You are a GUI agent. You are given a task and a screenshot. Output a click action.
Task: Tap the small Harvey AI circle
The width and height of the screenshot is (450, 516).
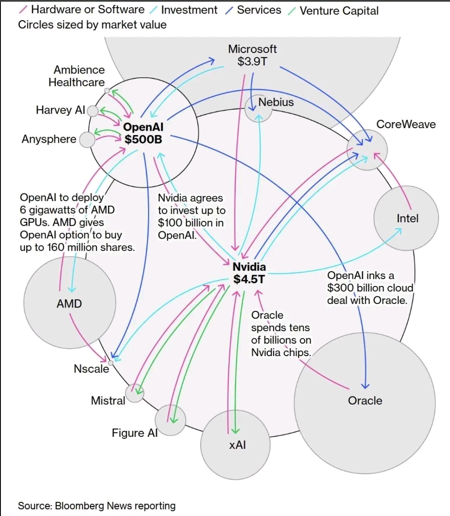click(x=92, y=111)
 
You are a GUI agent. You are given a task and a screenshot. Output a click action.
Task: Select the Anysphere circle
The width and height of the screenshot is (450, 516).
click(x=87, y=140)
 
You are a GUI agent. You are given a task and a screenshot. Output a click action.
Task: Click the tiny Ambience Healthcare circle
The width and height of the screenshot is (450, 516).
click(x=107, y=91)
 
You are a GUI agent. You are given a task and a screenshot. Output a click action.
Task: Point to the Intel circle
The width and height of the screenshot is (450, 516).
click(x=406, y=218)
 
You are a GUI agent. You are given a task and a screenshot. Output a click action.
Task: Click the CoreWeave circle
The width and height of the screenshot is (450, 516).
click(x=367, y=150)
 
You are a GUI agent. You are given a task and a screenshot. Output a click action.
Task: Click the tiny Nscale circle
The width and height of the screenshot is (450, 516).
click(x=111, y=363)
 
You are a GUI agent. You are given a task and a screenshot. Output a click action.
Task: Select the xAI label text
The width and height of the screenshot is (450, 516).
click(x=237, y=445)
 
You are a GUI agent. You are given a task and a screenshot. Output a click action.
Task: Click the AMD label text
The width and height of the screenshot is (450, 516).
click(x=69, y=304)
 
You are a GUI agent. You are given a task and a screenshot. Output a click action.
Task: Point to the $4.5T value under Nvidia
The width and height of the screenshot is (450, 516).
click(x=249, y=279)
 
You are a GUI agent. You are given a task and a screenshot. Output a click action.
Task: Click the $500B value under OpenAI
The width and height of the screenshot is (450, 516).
click(x=143, y=139)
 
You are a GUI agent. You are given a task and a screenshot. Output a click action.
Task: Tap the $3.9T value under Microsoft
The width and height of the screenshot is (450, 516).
click(x=252, y=61)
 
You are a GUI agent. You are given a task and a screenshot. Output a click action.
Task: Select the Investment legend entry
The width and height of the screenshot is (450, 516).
click(x=189, y=9)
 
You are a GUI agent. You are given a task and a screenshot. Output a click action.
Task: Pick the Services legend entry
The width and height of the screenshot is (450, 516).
click(x=259, y=9)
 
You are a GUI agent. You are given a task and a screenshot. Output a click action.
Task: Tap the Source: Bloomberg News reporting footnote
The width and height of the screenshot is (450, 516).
click(x=97, y=506)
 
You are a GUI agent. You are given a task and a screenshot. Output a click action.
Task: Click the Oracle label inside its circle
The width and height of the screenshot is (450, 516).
click(x=365, y=400)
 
